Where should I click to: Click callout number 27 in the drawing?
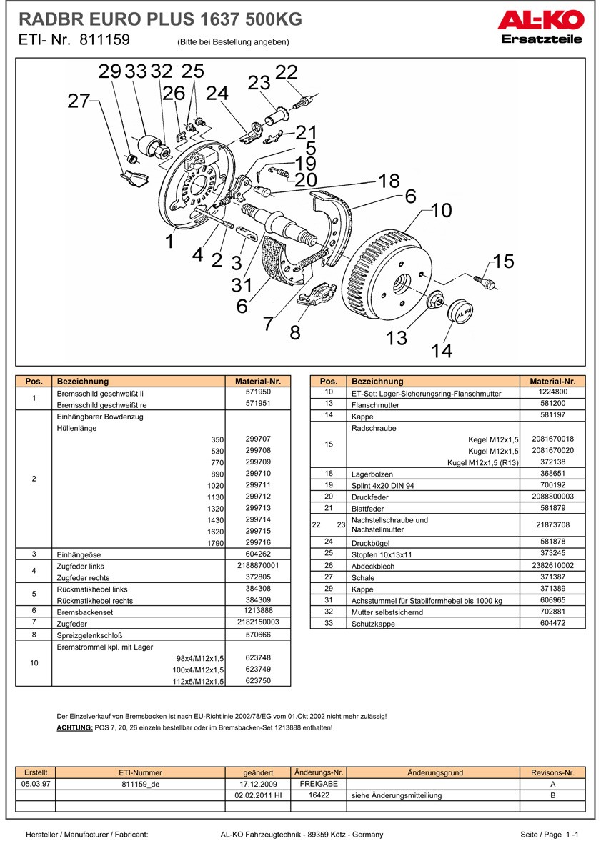click(79, 101)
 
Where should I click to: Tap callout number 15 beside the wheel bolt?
click(503, 262)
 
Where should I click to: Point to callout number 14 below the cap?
click(442, 351)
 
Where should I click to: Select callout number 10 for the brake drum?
click(442, 211)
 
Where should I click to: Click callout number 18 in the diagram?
click(389, 181)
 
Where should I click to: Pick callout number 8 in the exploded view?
click(294, 333)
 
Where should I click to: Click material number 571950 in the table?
click(258, 392)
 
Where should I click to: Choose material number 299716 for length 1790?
click(258, 542)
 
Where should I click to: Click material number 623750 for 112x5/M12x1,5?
click(258, 680)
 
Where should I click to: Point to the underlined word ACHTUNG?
click(74, 727)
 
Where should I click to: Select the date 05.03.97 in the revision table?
click(36, 784)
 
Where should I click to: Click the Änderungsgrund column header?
click(434, 772)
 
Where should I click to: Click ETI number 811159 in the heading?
click(104, 40)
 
